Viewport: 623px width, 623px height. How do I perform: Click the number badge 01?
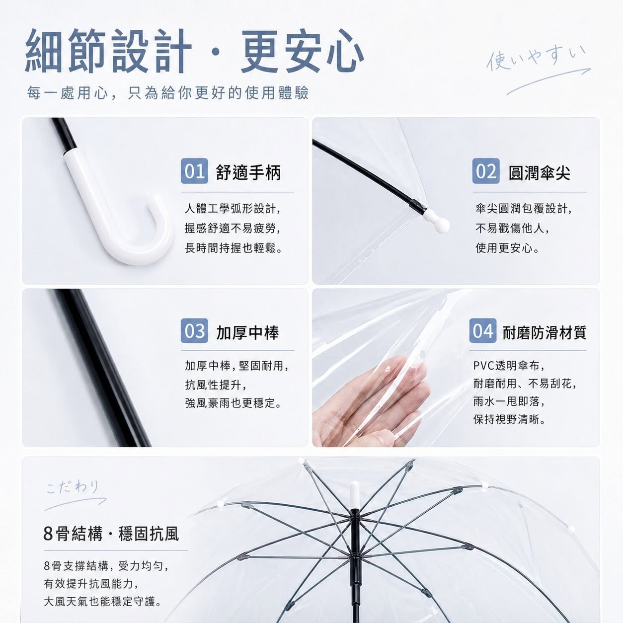point(194,171)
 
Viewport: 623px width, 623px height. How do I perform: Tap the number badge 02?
point(485,171)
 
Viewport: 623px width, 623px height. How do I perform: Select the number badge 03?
point(194,330)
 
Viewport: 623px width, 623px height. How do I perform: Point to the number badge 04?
point(483,330)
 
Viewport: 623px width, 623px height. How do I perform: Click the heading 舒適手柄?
point(248,172)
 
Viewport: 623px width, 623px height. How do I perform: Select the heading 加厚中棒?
point(247,332)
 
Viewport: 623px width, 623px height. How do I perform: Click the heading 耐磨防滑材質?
point(545,332)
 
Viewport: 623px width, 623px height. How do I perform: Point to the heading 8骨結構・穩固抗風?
point(111,534)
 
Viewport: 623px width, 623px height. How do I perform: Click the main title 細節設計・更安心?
point(195,51)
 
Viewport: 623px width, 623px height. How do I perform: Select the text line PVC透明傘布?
point(509,366)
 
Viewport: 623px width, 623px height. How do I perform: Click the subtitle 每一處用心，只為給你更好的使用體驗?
point(168,93)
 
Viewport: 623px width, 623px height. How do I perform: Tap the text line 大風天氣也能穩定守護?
point(102,602)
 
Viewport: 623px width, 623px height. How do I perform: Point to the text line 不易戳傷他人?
point(512,229)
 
